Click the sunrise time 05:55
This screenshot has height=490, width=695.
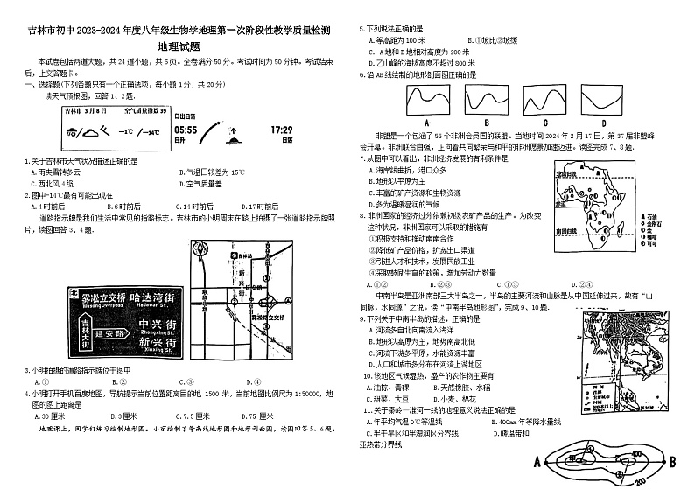(186, 129)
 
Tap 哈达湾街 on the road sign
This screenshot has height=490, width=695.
(143, 297)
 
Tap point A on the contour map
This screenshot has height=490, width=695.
(537, 461)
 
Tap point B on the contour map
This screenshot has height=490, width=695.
(672, 461)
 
